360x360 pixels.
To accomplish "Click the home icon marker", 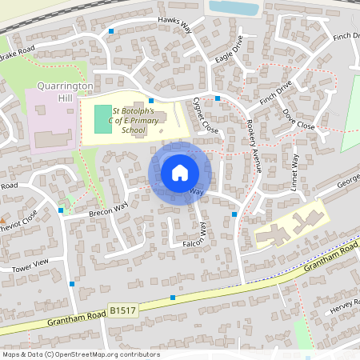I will point(180,172).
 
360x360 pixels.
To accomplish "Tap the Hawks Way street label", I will point(175,26).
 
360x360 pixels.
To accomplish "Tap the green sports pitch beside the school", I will point(102,118).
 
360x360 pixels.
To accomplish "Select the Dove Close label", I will point(300,120).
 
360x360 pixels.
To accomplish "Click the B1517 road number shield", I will point(121,308).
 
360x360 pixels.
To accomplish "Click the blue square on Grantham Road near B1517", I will point(173,298).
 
